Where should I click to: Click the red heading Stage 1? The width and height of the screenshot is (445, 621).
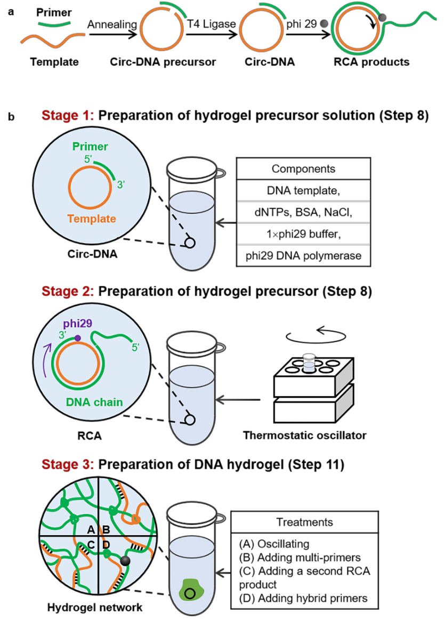click(x=68, y=116)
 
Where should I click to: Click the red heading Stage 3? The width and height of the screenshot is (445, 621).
click(x=68, y=464)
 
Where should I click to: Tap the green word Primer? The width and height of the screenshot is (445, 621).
click(x=90, y=147)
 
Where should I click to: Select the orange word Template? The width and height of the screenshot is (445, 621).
click(x=91, y=219)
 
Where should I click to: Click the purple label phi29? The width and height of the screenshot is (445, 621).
click(x=77, y=324)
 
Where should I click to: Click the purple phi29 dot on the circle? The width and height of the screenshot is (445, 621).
click(x=78, y=338)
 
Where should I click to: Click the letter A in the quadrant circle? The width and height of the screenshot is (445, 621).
click(x=91, y=529)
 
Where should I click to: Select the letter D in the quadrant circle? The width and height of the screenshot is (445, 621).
click(x=106, y=544)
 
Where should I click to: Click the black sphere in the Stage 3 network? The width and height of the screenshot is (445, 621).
click(x=125, y=561)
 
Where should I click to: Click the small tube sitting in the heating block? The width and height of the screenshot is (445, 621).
click(x=309, y=362)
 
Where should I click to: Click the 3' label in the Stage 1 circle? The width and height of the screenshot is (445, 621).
click(x=121, y=185)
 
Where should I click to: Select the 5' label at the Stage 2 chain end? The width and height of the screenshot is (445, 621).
click(x=135, y=348)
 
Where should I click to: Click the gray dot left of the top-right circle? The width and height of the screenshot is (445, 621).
click(x=323, y=23)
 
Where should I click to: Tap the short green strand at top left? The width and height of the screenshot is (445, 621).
click(x=54, y=24)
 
